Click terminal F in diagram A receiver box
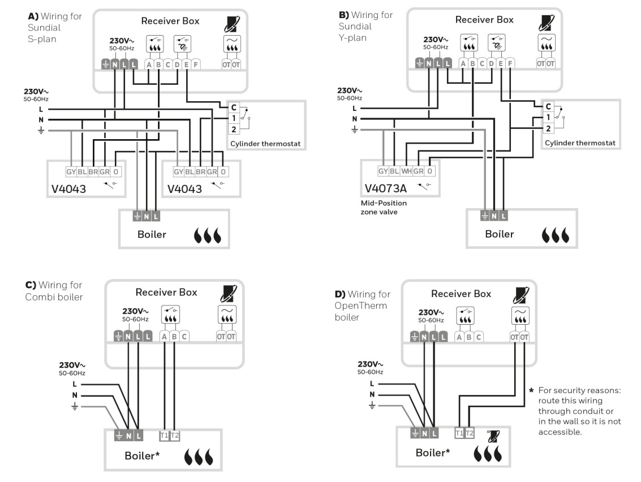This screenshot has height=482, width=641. click(195, 64)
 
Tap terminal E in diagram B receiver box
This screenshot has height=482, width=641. click(501, 63)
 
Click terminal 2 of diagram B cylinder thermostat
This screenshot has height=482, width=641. click(548, 128)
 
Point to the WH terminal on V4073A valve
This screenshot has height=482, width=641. click(406, 171)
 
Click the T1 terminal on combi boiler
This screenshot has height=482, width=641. click(165, 436)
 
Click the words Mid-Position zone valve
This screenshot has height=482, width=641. click(384, 207)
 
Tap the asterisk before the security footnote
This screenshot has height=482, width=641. click(531, 391)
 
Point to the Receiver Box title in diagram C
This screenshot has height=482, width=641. click(166, 292)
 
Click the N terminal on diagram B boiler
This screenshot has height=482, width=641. click(494, 215)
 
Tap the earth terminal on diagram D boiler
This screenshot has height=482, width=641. click(415, 434)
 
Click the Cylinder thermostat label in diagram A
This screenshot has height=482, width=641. click(265, 144)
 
